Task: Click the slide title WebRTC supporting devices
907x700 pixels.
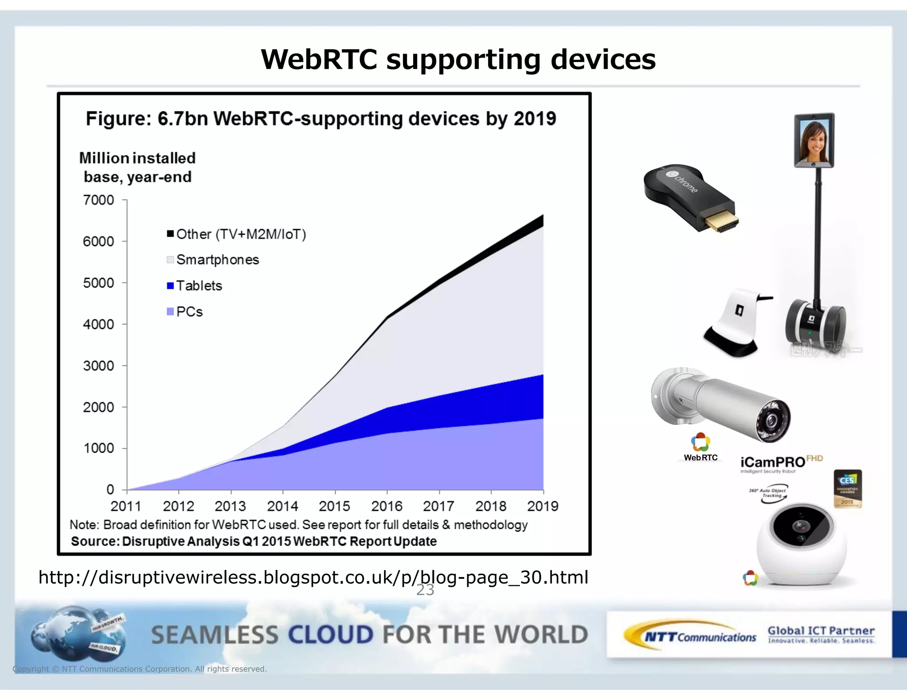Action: tap(458, 59)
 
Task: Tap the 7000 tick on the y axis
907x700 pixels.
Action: tap(98, 200)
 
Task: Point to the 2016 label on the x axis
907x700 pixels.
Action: tap(387, 506)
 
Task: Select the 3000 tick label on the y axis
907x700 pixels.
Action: tap(98, 366)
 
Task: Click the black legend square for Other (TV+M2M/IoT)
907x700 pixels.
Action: tap(170, 234)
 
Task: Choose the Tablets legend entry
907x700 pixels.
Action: tap(199, 286)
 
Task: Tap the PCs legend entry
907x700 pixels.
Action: tap(189, 312)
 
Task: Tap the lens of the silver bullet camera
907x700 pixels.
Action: tap(772, 419)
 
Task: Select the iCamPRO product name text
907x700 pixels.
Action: tap(772, 462)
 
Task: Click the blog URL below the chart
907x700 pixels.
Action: tap(313, 577)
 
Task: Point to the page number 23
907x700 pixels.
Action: tap(425, 590)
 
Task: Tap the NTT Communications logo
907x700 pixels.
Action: tap(691, 636)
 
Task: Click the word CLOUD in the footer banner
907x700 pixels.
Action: tap(331, 635)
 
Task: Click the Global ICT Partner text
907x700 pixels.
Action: tap(821, 631)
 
